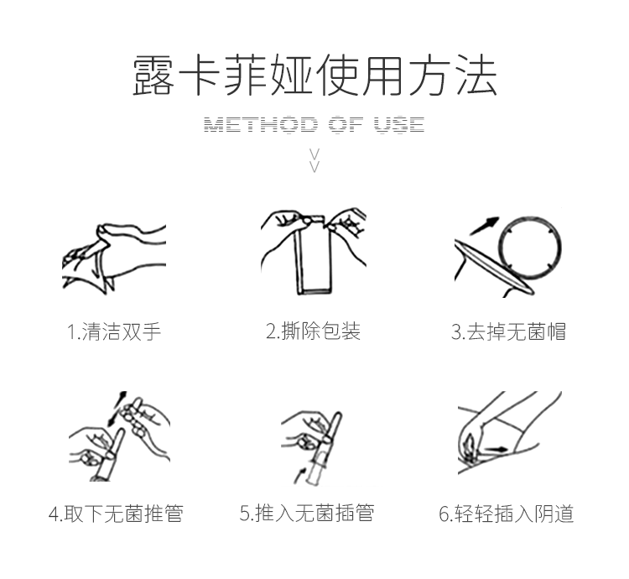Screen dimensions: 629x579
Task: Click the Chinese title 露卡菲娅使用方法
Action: (x=314, y=76)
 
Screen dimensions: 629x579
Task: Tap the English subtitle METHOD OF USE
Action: (x=314, y=124)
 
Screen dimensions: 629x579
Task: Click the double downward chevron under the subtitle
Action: (x=314, y=160)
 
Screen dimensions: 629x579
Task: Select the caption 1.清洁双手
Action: (x=114, y=331)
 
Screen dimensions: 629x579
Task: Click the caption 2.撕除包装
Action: (x=314, y=331)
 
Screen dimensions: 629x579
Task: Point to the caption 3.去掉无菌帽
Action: (x=508, y=331)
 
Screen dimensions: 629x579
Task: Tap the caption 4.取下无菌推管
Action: (x=116, y=514)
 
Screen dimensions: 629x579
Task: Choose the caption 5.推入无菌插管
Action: (x=307, y=514)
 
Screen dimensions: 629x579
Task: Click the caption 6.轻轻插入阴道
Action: (x=507, y=514)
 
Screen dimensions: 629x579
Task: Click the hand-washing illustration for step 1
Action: (x=114, y=258)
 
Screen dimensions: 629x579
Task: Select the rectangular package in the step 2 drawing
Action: (x=314, y=256)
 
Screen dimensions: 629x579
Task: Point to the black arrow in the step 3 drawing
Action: (x=484, y=226)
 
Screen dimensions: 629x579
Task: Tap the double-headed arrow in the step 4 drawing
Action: (x=117, y=409)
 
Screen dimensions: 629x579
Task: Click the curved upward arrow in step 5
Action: (x=299, y=475)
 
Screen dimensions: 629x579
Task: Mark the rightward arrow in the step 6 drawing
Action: (x=496, y=450)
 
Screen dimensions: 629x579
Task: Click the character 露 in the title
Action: (x=153, y=76)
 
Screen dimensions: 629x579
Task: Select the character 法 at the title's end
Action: (x=477, y=76)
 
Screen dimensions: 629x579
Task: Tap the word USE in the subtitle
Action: (x=399, y=124)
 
